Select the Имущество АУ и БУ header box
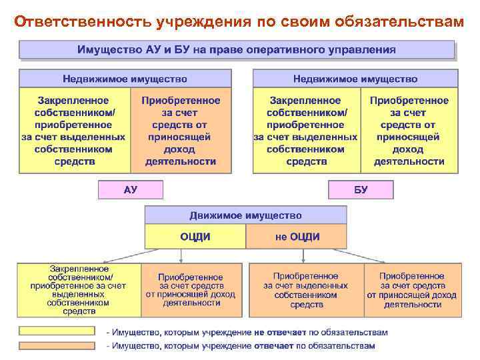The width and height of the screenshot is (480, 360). pyautogui.click(x=236, y=49)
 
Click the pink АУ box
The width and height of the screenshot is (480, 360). pyautogui.click(x=131, y=189)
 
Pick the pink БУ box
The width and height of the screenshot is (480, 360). pyautogui.click(x=361, y=189)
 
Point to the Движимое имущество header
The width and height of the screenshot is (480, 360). pyautogui.click(x=245, y=215)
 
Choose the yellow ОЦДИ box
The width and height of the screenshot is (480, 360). pyautogui.click(x=195, y=236)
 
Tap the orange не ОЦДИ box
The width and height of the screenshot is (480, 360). pyautogui.click(x=297, y=236)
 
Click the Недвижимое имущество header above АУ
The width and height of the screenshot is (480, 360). pyautogui.click(x=125, y=79)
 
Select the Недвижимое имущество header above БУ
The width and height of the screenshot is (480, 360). pyautogui.click(x=355, y=79)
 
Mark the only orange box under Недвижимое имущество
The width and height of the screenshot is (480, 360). pyautogui.click(x=181, y=131)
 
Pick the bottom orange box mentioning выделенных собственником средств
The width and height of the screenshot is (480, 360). pyautogui.click(x=306, y=289)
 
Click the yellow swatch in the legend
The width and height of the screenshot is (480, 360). pyautogui.click(x=56, y=331)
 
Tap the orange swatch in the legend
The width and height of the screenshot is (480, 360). pyautogui.click(x=56, y=345)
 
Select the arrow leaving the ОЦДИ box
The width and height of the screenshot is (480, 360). pyautogui.click(x=133, y=255)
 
